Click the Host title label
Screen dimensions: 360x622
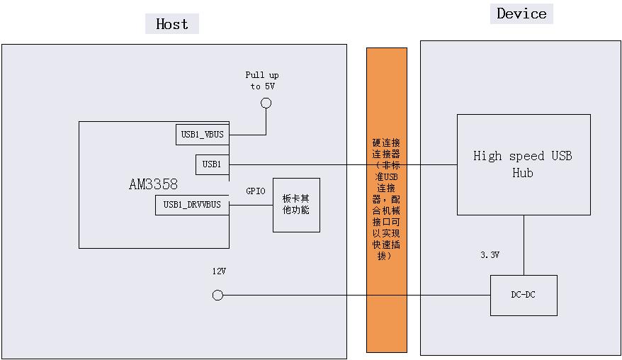172,24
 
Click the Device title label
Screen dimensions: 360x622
521,13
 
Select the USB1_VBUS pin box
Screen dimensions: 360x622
202,135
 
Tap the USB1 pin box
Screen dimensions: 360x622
212,164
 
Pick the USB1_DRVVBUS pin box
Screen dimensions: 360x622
192,206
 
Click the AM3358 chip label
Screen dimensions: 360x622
153,184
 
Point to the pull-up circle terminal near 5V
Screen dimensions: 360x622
266,103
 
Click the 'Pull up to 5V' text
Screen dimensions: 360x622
262,80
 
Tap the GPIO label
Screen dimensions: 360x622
256,191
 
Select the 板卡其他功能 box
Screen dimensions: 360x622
296,205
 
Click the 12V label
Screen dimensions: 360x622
219,271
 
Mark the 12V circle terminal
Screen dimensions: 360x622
218,296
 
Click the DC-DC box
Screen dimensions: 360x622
524,295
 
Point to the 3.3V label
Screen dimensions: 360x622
490,255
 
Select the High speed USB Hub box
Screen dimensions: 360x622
523,164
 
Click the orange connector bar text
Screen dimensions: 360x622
387,199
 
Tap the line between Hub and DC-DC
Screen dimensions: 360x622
524,244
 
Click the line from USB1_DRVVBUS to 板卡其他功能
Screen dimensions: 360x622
251,206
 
